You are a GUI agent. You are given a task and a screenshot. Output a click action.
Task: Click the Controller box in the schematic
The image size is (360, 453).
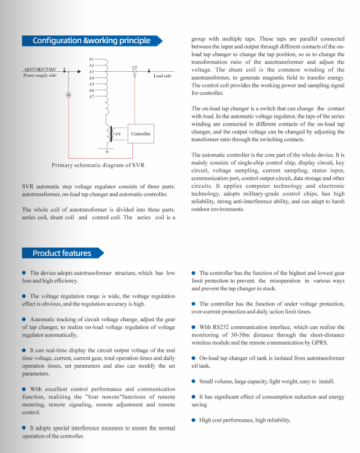point(141,134)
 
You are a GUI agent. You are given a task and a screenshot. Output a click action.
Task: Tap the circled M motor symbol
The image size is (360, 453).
point(68,95)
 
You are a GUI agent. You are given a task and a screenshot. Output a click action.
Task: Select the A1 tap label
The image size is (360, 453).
point(91,59)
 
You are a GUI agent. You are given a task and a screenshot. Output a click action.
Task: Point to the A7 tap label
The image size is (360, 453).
point(91,97)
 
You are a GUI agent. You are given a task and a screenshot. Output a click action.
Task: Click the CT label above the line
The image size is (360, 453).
point(135,68)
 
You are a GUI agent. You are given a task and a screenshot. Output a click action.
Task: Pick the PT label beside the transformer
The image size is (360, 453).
point(118,135)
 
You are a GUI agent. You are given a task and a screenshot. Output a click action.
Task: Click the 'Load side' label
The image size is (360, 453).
point(163,76)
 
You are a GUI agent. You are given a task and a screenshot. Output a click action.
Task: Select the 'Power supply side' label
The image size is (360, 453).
point(40,75)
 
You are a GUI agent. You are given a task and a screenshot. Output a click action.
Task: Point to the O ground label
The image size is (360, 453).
point(107,152)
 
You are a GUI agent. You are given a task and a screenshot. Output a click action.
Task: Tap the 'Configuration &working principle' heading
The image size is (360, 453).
point(91,40)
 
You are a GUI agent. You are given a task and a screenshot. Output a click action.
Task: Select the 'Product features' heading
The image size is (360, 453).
point(62,253)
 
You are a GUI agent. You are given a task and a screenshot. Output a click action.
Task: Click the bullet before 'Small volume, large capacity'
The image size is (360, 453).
point(193,381)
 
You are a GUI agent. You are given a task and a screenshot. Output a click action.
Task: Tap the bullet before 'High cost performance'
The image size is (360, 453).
point(193,420)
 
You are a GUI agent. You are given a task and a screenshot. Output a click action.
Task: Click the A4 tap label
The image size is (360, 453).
point(91,78)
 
